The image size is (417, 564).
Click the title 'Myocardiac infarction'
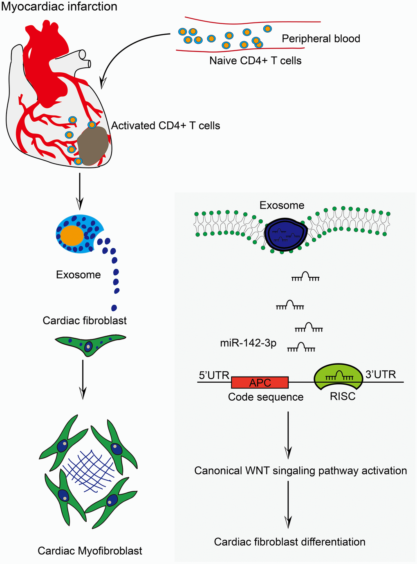click(59, 7)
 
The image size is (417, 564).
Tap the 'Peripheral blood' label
click(321, 39)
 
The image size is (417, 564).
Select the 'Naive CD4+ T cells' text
click(256, 61)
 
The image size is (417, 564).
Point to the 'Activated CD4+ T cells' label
click(166, 125)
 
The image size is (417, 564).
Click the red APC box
click(260, 383)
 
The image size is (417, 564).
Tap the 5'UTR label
click(214, 375)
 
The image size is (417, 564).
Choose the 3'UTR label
click(381, 374)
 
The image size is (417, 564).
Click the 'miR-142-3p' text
click(248, 343)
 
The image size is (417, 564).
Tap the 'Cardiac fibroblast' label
click(85, 321)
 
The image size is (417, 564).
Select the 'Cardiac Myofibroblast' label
click(90, 551)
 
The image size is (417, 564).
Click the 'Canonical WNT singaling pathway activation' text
click(300, 471)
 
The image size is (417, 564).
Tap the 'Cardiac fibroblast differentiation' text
click(289, 542)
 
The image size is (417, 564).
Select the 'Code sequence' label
click(266, 397)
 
